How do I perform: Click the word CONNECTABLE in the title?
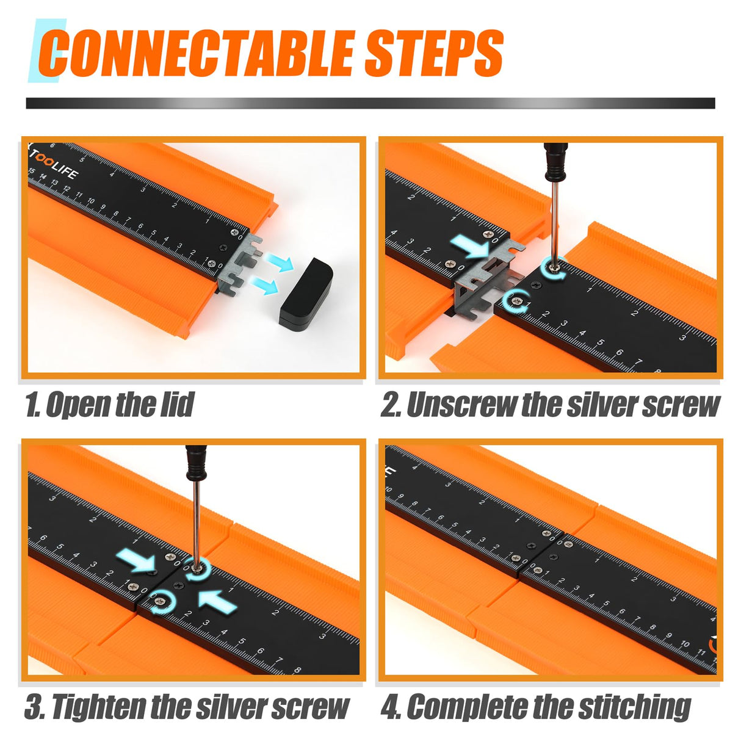click(198, 54)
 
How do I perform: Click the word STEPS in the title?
click(433, 54)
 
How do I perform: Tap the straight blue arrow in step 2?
click(472, 246)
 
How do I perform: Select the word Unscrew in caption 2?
click(461, 405)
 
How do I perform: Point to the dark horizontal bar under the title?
click(370, 103)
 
